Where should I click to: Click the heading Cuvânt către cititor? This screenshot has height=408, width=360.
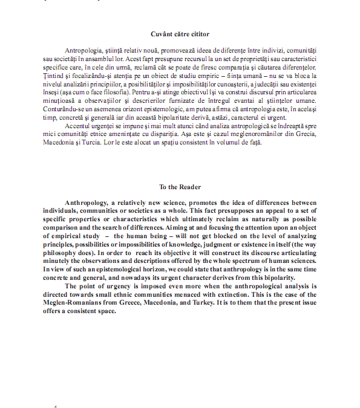180,34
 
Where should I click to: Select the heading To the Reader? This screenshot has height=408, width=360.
180,187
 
